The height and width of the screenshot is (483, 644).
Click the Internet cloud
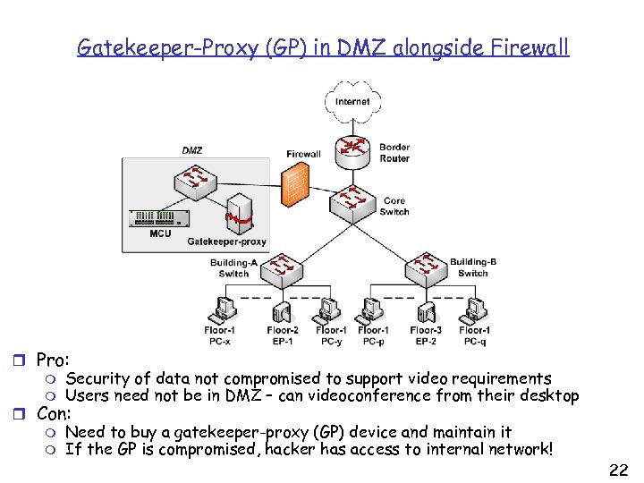[352, 100]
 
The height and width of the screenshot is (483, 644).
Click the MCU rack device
[159, 219]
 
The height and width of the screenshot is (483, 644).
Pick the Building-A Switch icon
[281, 266]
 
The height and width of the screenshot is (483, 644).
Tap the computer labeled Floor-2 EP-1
[283, 309]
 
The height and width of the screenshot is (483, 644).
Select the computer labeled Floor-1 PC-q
[473, 309]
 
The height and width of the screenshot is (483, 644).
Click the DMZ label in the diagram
[191, 150]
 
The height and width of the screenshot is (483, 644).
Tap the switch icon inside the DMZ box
[193, 180]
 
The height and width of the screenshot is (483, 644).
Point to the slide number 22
[617, 469]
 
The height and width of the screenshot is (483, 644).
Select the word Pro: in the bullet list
[52, 360]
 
